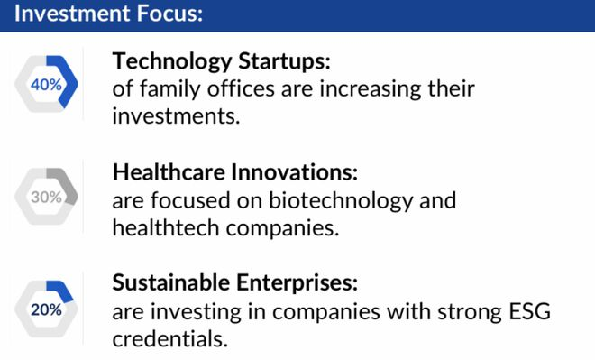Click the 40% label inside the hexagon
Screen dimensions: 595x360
tap(46, 85)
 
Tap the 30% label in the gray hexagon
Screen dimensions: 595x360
tap(46, 197)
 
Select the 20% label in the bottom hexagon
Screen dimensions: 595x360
tap(46, 309)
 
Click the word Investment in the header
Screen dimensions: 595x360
tap(72, 14)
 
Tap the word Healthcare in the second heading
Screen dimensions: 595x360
tap(169, 172)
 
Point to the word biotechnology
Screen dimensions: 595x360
tap(341, 201)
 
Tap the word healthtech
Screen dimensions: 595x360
tap(166, 228)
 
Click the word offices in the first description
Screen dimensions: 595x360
tap(241, 89)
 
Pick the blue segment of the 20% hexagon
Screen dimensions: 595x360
tap(60, 291)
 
